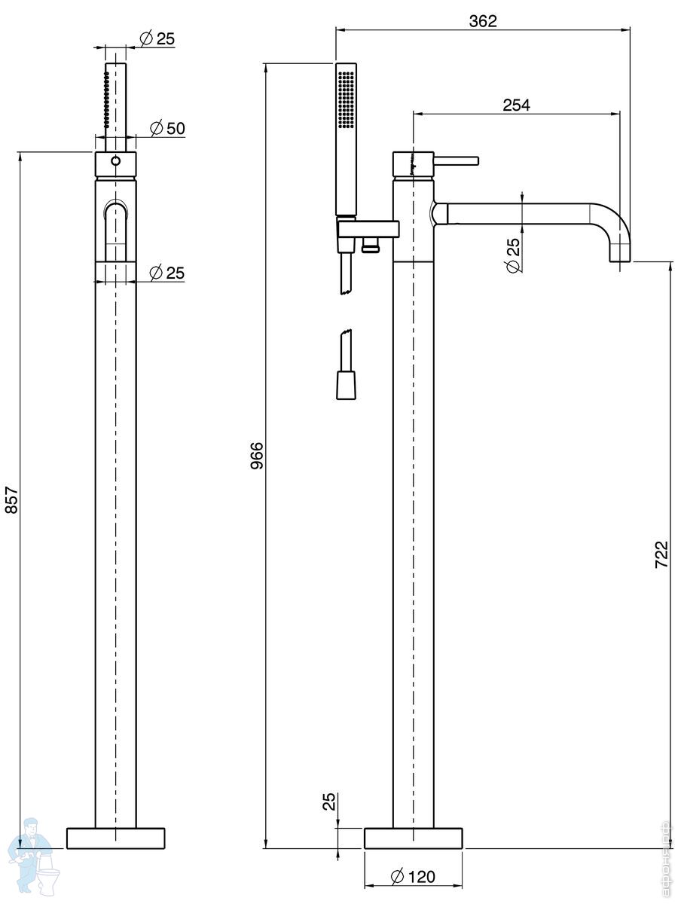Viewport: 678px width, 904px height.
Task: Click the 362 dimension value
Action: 483,21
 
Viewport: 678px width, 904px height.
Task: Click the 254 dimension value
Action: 516,105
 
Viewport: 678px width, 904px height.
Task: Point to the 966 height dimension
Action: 256,456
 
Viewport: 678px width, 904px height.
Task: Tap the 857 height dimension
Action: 11,499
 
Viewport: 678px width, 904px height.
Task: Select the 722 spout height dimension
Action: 661,555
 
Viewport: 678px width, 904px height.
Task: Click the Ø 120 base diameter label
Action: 414,876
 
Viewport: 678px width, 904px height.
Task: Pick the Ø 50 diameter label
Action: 167,128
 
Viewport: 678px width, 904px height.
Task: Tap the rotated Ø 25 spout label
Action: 513,255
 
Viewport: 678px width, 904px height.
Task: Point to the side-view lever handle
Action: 456,160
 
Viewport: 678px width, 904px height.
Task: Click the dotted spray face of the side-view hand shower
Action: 347,98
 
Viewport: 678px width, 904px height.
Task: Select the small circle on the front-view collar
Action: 115,161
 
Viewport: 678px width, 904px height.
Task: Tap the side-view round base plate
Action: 413,838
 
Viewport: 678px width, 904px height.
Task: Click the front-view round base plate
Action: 115,838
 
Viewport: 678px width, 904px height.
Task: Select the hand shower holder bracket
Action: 367,228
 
